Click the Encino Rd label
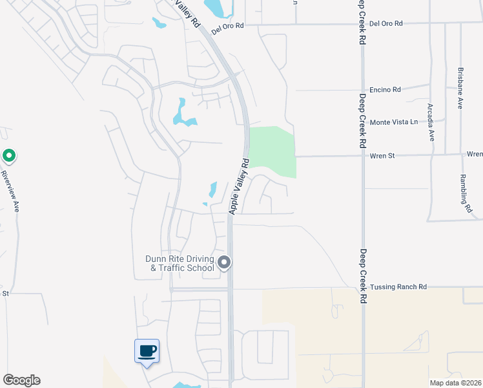385,90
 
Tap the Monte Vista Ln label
393,122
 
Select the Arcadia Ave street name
431,122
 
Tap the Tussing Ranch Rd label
400,286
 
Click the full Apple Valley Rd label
238,186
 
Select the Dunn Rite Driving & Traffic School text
180,263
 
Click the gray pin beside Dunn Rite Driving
224,263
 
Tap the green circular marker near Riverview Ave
9,156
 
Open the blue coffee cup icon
147,351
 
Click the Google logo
21,380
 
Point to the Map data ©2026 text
455,383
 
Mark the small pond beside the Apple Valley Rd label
212,189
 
